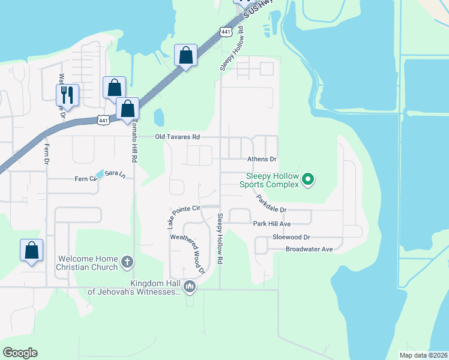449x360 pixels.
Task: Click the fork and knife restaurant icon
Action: click(67, 95)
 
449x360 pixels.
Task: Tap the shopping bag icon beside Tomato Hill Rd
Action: click(127, 109)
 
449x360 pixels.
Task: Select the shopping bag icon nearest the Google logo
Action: click(31, 250)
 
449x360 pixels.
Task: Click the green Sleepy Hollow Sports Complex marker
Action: click(308, 179)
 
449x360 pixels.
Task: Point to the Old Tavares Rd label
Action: click(177, 137)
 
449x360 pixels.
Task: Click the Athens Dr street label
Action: click(262, 160)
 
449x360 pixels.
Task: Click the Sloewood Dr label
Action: click(291, 238)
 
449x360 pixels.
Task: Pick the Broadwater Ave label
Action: click(309, 249)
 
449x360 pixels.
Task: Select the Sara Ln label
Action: click(115, 173)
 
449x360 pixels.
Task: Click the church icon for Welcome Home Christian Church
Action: click(126, 261)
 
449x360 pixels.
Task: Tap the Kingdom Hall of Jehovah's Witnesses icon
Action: click(190, 287)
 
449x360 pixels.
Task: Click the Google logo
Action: click(20, 353)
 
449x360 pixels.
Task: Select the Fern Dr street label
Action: click(46, 154)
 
